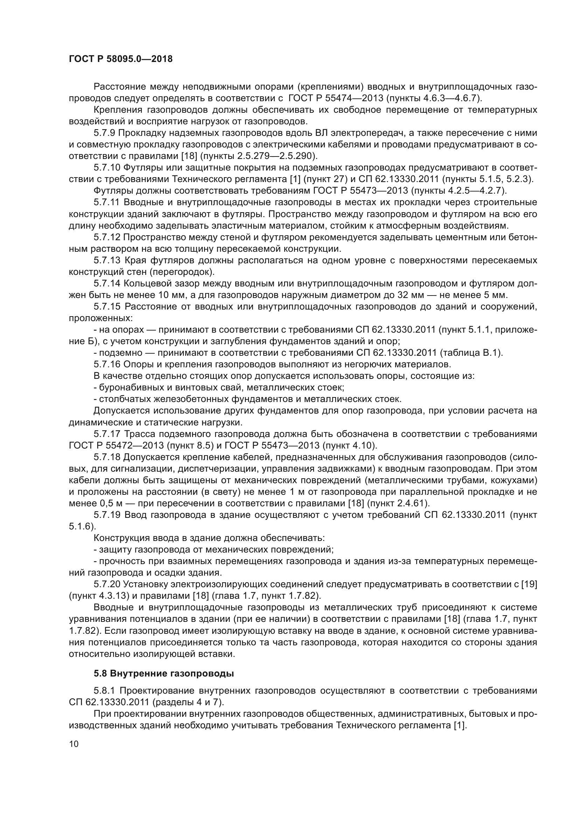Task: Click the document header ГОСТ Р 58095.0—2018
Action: point(120,59)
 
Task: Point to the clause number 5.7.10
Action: point(107,168)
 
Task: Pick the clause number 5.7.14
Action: point(107,284)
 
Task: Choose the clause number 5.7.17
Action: point(107,434)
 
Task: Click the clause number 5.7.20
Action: point(107,584)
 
